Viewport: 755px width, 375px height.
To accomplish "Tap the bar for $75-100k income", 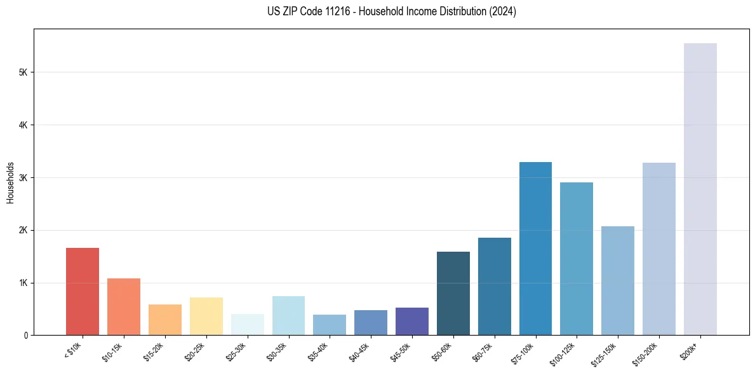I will click(535, 249).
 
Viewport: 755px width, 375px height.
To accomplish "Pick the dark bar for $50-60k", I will click(453, 293).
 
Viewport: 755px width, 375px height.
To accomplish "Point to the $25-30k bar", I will click(247, 324).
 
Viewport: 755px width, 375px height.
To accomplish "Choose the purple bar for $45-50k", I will click(412, 321).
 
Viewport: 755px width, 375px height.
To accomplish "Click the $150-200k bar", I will click(659, 249).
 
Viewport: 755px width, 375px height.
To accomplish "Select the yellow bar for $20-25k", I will click(206, 316).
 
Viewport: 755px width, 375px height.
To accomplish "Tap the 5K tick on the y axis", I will click(24, 72).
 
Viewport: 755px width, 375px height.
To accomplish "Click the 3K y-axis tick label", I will click(24, 177).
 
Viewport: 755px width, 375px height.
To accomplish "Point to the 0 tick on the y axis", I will click(26, 335).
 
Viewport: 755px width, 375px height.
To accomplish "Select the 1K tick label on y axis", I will click(24, 282).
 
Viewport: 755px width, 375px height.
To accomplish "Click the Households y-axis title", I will click(10, 182).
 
